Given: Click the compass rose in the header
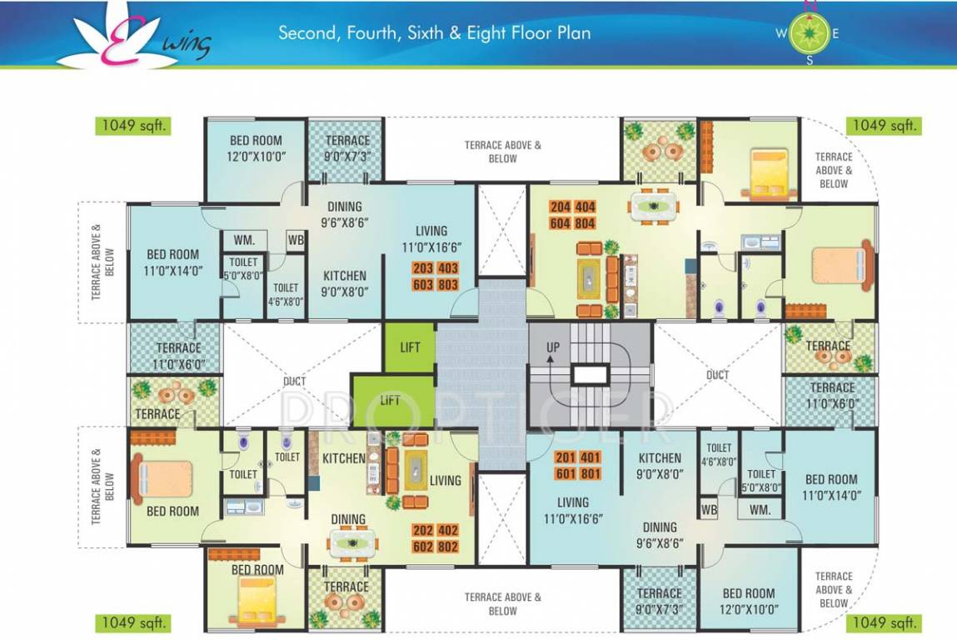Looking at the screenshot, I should click(x=807, y=33).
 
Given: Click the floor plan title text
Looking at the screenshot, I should click(x=434, y=33).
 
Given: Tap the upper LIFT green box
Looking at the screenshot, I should click(x=410, y=347).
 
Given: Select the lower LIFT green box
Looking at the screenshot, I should click(x=391, y=400).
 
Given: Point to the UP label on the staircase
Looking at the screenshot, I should click(x=552, y=347).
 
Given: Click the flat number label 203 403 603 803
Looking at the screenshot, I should click(x=436, y=277).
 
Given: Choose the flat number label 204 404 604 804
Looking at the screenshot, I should click(x=572, y=214).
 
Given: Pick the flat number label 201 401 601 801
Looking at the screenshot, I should click(x=579, y=466).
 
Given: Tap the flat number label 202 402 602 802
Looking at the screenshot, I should click(x=436, y=538).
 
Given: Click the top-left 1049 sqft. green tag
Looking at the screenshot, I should click(x=131, y=126).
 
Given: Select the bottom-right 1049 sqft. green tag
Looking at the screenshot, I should click(x=884, y=622).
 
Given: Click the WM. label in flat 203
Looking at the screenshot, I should click(x=244, y=240).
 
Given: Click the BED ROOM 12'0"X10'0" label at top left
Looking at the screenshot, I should click(x=256, y=147).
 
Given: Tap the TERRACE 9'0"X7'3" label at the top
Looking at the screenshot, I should click(x=347, y=147).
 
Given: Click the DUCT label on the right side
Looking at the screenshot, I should click(x=717, y=375).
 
